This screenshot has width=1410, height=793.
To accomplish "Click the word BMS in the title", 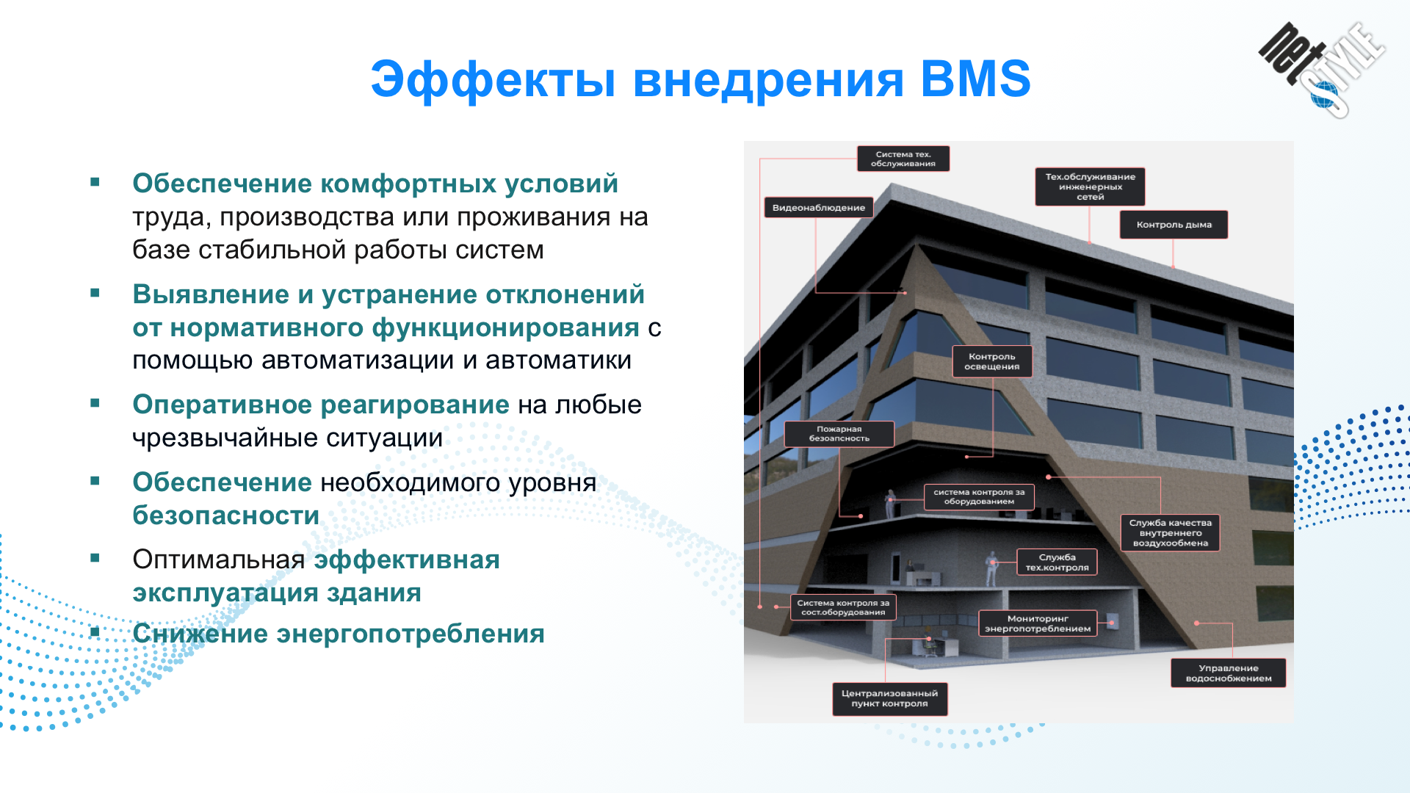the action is tap(975, 79).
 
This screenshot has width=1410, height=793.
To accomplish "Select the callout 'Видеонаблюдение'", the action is tap(818, 208).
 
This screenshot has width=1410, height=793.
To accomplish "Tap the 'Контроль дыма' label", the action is tap(1174, 225).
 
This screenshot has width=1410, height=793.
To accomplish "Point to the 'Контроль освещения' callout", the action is tap(992, 361).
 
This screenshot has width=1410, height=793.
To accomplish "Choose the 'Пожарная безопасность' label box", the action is tap(839, 434).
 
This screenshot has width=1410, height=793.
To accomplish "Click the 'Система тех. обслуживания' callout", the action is tap(903, 159).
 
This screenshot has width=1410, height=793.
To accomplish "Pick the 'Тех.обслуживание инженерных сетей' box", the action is tap(1091, 187).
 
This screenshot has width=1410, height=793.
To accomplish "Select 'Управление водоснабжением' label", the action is tap(1229, 673).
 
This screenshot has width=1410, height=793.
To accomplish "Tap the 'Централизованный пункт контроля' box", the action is tap(890, 699).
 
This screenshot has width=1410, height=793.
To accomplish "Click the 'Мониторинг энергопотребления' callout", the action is tap(1038, 623).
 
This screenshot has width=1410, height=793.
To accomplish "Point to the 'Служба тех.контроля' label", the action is tap(1057, 562).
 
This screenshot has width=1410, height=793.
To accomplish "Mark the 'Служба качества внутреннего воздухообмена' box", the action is tap(1171, 533).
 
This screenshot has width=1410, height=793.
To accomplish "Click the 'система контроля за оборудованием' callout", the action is tap(979, 497).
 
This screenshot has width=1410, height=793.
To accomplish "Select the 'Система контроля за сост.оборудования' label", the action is tap(843, 607).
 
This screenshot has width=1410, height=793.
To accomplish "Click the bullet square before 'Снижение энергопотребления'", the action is tap(95, 632).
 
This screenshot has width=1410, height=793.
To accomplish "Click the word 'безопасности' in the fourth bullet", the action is tap(226, 515).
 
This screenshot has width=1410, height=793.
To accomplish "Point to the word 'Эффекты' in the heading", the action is tap(493, 79).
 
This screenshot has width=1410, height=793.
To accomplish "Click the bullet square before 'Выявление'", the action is tap(95, 293).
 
